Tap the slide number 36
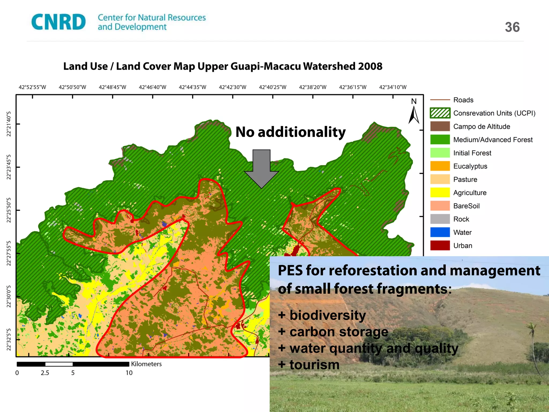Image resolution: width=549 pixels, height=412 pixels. tap(512, 27)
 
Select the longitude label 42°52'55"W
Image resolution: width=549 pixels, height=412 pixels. tap(32, 87)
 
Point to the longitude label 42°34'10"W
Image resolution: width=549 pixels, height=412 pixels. tap(392, 87)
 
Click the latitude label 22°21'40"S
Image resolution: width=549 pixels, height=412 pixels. tap(9, 124)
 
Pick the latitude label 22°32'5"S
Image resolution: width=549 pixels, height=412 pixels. tap(9, 339)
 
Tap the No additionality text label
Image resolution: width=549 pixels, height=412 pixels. tap(290, 132)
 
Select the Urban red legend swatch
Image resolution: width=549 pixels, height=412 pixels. tap(440, 245)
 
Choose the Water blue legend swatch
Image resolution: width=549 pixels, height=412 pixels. tap(440, 232)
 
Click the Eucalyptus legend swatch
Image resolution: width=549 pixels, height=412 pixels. tap(440, 166)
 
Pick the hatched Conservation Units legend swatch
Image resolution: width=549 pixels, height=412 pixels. tap(440, 113)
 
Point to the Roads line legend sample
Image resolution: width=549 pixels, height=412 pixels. tap(440, 100)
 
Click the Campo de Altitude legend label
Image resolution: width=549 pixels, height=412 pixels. tap(481, 126)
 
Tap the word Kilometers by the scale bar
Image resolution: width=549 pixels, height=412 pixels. tap(146, 364)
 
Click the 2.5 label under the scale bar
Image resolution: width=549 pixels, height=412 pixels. tap(45, 373)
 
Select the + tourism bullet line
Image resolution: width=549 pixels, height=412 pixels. tap(309, 365)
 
